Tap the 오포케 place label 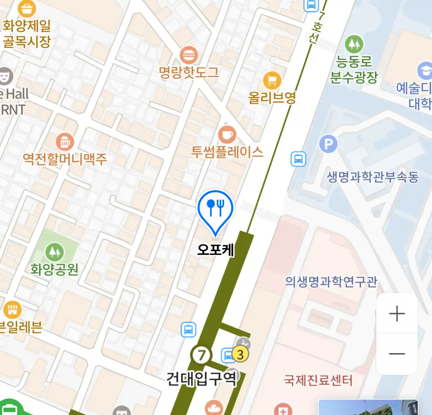(215, 250)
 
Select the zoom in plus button (397, 314)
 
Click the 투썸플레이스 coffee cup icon (227, 135)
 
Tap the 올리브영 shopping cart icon (272, 81)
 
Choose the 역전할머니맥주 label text (65, 158)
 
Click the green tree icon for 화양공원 (55, 252)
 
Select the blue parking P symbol (328, 144)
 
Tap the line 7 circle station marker (201, 355)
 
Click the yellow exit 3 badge (240, 354)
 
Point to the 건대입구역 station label (201, 379)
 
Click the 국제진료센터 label (318, 380)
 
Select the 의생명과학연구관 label (331, 282)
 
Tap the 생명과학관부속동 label (372, 177)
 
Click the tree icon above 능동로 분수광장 (354, 44)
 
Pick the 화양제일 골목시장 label (27, 34)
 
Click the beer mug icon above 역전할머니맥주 (65, 142)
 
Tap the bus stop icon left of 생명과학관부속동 (298, 159)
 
